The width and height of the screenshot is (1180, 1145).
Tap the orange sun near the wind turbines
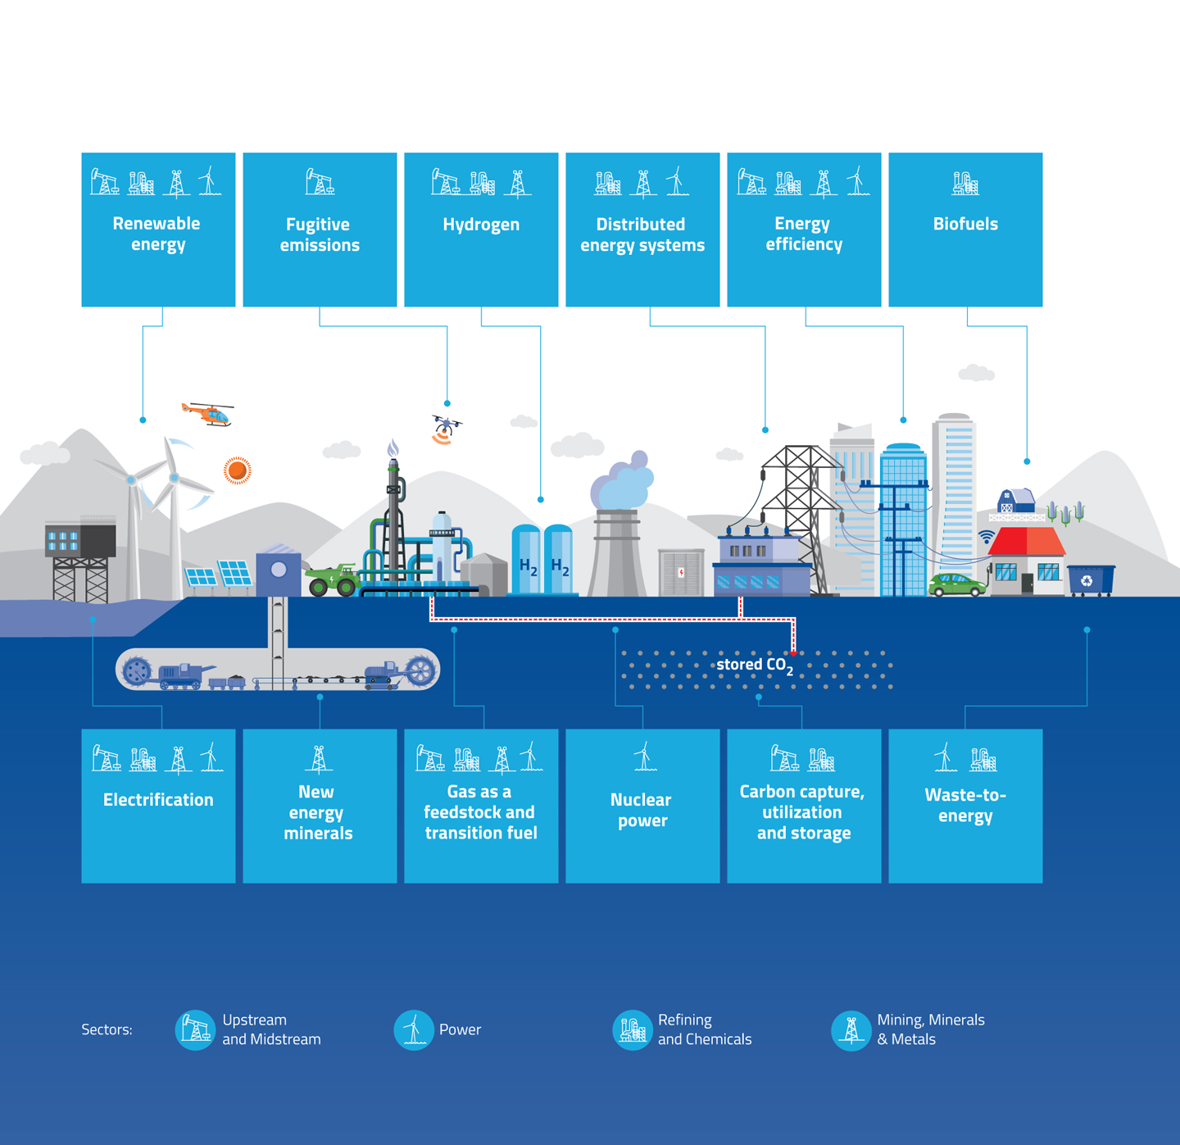237,470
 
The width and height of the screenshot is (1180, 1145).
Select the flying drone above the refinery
445,428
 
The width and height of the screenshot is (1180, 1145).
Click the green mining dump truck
334,579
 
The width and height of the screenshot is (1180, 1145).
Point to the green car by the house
956,585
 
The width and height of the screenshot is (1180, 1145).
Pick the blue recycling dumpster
1090,580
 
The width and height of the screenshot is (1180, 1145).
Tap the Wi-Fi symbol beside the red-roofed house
987,537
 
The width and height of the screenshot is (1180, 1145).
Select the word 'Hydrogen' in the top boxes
481,225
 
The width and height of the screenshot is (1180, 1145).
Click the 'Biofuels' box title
965,224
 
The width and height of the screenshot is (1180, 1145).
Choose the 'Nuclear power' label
642,810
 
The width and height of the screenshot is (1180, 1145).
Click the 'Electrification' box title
158,800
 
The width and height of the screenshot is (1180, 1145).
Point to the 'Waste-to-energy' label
965,805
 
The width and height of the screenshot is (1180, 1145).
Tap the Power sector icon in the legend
414,1029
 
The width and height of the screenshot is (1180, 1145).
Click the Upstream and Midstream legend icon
195,1029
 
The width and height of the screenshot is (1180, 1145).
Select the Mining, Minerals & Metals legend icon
851,1029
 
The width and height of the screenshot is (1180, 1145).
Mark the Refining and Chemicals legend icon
633,1029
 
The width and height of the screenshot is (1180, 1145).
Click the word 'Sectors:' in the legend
107,1029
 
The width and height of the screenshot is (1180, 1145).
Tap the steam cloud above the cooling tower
622,484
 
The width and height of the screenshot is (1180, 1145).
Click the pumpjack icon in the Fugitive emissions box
319,181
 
